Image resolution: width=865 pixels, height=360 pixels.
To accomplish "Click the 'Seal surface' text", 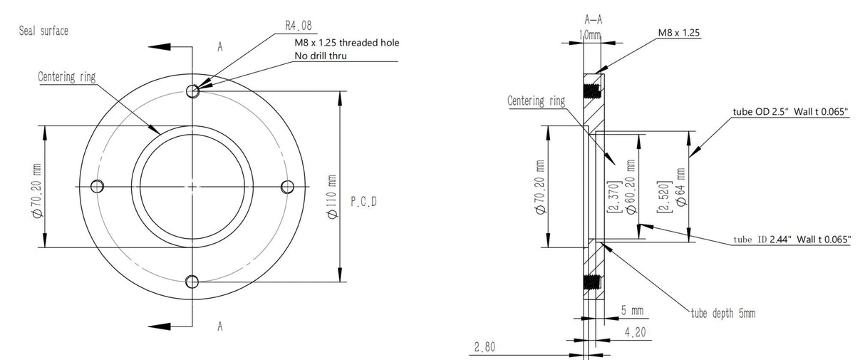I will (x=43, y=32).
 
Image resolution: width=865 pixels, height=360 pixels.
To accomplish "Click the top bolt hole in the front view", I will (x=192, y=91).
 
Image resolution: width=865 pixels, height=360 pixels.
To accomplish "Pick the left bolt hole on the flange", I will (x=98, y=186).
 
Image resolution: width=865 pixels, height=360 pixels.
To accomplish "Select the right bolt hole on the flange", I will (x=288, y=186).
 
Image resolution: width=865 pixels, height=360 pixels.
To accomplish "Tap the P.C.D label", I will (x=363, y=202).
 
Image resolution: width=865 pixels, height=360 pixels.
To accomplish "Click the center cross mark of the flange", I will (x=193, y=186).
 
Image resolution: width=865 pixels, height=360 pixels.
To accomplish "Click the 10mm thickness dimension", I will (x=589, y=34).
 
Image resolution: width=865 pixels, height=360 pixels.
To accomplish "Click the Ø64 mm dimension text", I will (x=680, y=186).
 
